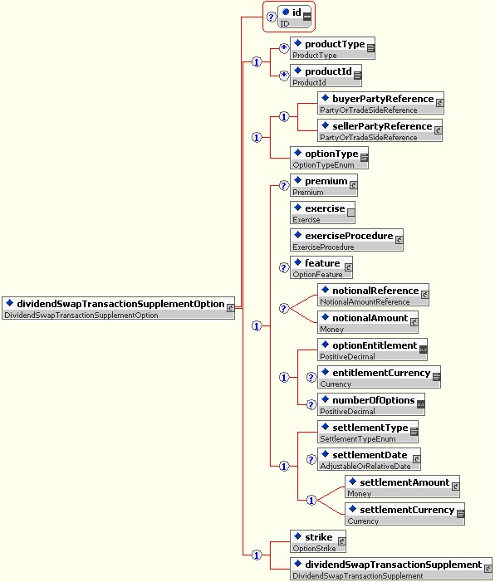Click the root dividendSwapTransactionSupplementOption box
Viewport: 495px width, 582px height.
[x=119, y=308]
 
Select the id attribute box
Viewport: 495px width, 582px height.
[x=295, y=17]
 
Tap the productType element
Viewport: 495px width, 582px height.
[x=332, y=48]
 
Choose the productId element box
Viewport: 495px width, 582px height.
[x=326, y=76]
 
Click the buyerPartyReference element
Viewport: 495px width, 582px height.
[x=380, y=103]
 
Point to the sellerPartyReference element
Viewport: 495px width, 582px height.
[x=380, y=130]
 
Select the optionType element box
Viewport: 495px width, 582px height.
[x=330, y=158]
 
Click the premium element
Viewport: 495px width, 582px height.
[x=324, y=186]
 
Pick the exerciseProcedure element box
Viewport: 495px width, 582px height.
[x=346, y=241]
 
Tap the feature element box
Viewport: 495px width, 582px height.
[x=321, y=268]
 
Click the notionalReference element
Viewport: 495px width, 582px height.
[x=373, y=296]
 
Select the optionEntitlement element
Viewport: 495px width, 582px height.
[x=372, y=350]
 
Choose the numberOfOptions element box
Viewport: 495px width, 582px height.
[x=371, y=405]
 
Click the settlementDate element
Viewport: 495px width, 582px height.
[x=369, y=460]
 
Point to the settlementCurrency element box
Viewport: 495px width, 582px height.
[x=404, y=515]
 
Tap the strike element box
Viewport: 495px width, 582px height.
[x=318, y=542]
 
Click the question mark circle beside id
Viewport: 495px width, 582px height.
[x=272, y=17]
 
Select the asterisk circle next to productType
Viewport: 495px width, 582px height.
[x=284, y=48]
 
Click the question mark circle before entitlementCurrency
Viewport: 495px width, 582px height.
[x=311, y=378]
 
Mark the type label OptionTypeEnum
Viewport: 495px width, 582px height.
[x=323, y=164]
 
